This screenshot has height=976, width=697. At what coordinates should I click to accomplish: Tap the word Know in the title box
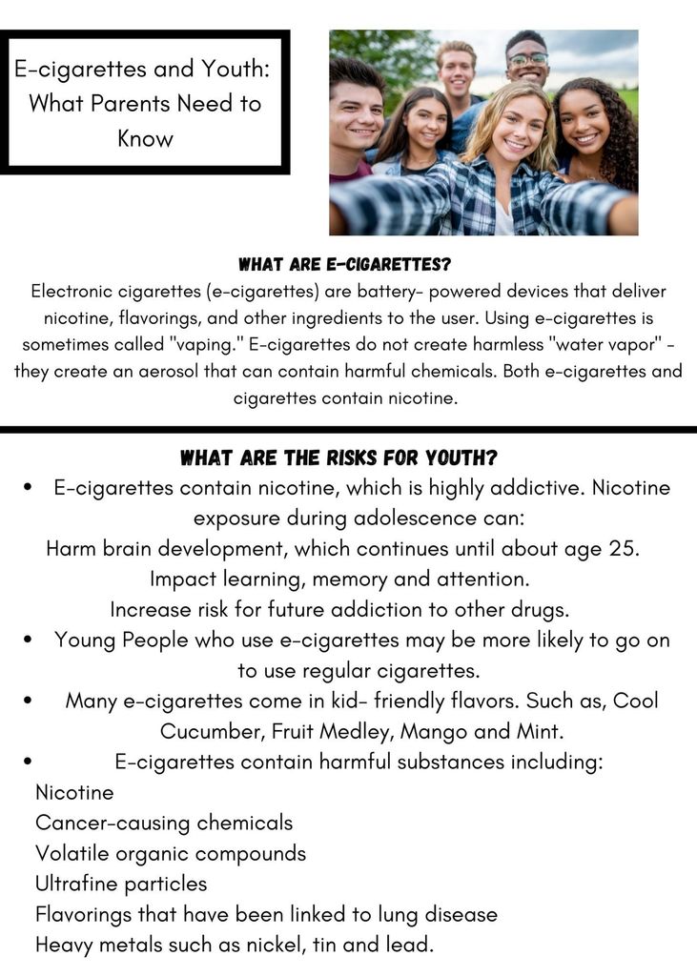145,138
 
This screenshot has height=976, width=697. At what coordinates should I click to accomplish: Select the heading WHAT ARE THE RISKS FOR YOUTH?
338,458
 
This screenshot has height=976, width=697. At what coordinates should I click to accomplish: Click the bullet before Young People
29,640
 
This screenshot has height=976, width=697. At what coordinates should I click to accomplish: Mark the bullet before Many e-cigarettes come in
29,701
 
